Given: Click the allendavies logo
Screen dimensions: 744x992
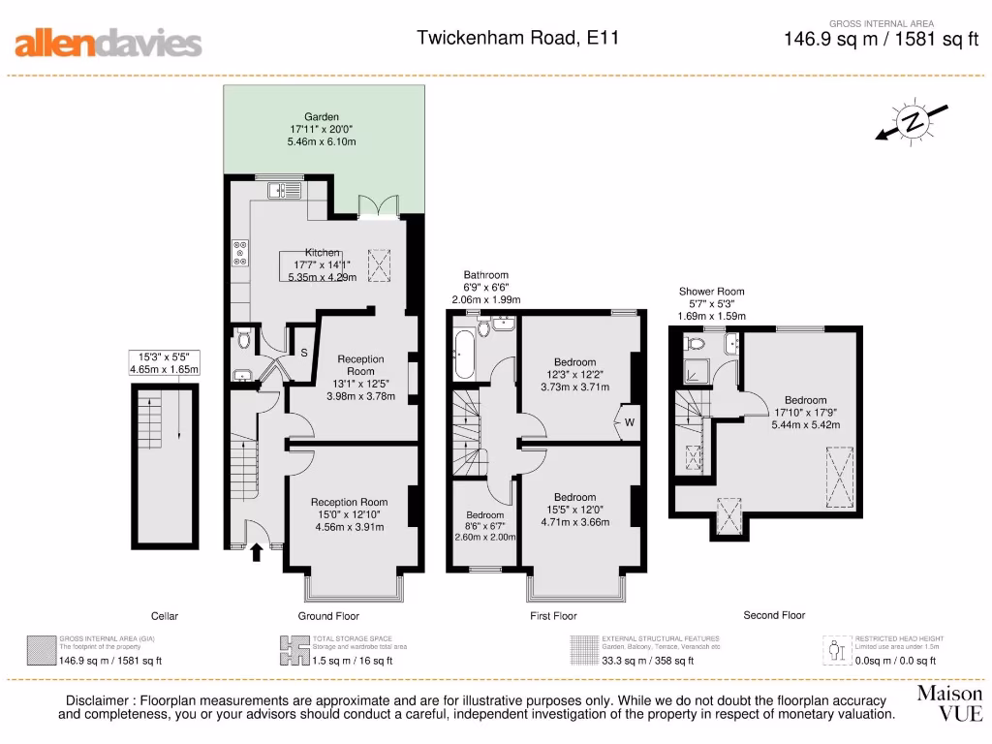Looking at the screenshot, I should tap(108, 43).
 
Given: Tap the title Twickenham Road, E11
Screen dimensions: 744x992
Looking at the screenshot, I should tap(517, 39).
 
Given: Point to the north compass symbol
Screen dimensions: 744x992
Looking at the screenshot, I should tap(912, 122).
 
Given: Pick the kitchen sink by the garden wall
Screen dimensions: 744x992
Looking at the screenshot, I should tap(280, 190).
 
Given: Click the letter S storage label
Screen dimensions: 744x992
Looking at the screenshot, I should tap(303, 354).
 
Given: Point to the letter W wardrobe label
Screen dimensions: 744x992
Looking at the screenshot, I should tap(630, 422).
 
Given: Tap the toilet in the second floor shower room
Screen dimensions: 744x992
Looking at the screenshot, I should tap(694, 344).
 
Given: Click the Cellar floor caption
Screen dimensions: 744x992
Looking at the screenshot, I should tap(165, 616).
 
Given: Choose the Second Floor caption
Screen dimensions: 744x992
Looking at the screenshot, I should tap(774, 615).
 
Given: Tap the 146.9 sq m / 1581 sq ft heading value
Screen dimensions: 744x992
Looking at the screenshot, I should tap(881, 40).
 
